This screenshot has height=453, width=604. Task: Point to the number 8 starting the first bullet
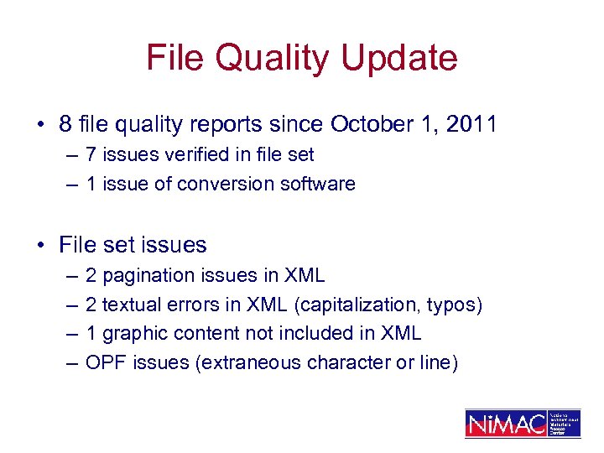(x=65, y=124)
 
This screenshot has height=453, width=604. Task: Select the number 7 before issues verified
(x=91, y=154)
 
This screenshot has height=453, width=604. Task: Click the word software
(x=321, y=184)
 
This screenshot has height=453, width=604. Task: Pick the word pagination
(x=145, y=275)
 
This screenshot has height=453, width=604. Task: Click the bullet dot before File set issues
(x=40, y=245)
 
